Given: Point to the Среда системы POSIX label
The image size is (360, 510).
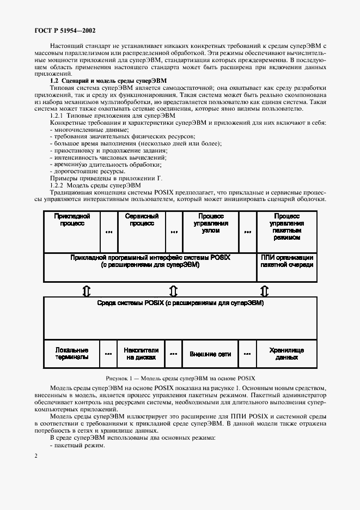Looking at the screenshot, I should pyautogui.click(x=180, y=302).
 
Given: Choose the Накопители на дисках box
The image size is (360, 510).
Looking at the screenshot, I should pyautogui.click(x=141, y=354).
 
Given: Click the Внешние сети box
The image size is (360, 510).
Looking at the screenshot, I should pyautogui.click(x=210, y=354).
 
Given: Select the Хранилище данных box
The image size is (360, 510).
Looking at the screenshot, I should pyautogui.click(x=286, y=354).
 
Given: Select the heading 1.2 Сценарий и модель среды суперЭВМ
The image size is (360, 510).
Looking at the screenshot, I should pyautogui.click(x=108, y=80).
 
